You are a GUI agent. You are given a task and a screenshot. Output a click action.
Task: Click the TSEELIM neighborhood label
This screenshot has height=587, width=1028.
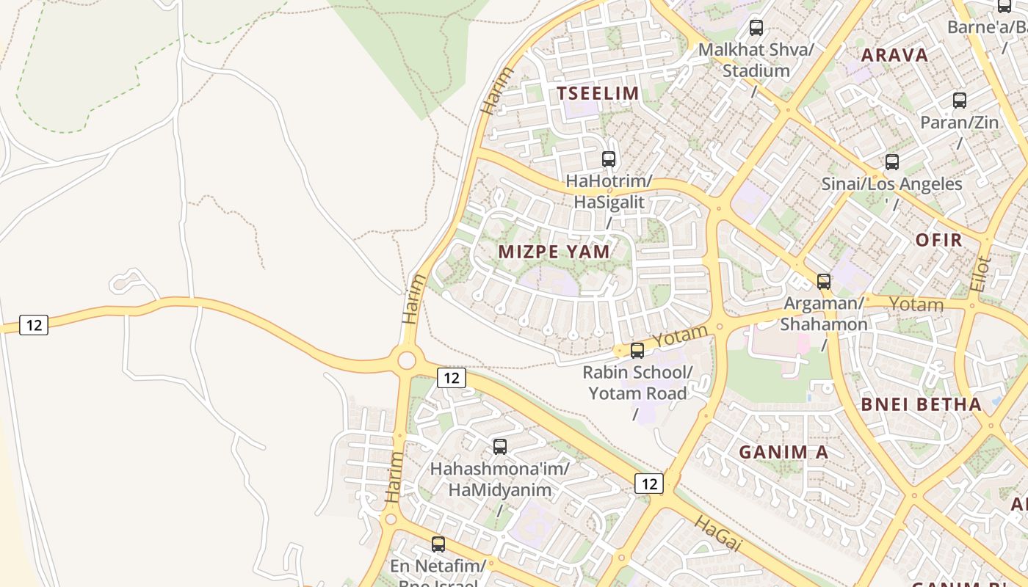coord(598,93)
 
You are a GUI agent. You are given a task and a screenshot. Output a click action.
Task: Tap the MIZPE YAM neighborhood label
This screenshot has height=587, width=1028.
coord(554,252)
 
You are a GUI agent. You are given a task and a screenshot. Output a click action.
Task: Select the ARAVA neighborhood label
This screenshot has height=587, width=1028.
coord(894,55)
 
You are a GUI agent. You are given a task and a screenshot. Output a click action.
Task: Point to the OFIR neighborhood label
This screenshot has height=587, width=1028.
coord(938,240)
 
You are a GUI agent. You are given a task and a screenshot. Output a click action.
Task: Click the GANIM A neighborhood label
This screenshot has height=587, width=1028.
coord(783,452)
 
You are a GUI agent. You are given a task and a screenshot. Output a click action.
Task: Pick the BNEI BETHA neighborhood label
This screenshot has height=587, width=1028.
coord(921,404)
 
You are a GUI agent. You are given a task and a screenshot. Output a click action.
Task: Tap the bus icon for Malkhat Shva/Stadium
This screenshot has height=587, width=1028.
coord(756,29)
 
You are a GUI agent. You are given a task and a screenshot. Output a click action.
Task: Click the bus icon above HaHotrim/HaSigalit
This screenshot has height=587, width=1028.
coord(608,159)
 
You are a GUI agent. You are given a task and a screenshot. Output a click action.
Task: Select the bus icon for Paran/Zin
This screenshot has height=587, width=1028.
coord(959,101)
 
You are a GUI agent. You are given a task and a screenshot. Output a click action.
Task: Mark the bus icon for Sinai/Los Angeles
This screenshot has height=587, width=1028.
coord(891,162)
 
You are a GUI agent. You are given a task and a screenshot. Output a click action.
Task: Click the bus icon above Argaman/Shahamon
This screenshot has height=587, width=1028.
coord(823,282)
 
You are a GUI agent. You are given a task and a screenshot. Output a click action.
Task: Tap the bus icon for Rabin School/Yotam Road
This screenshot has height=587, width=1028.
coord(637,351)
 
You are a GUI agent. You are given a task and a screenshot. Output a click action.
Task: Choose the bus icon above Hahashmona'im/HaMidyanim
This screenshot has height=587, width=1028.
coord(499,446)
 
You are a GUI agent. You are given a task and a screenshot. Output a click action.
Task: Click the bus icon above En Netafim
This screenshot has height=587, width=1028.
coord(438,544)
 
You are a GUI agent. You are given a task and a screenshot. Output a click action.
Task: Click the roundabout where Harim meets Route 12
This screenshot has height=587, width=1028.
coord(406,360)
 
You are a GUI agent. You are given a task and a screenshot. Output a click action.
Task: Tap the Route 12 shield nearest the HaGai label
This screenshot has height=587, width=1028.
coord(648,483)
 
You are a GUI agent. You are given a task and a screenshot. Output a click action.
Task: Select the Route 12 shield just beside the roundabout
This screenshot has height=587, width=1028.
coord(451,378)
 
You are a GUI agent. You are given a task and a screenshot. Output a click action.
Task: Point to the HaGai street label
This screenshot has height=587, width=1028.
coord(717,533)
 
